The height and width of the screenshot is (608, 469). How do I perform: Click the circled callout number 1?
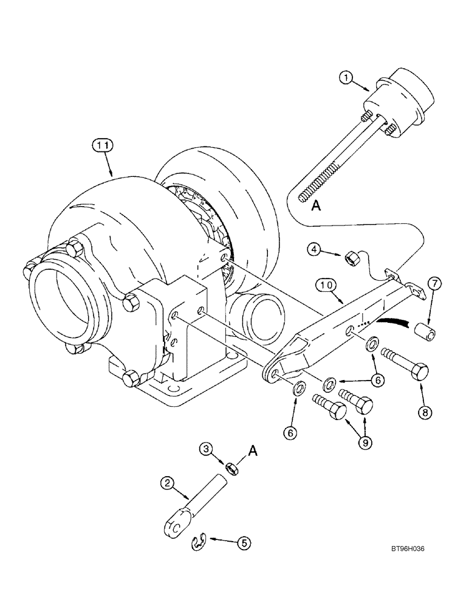click(344, 78)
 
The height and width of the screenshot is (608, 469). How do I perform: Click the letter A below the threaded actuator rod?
click(316, 206)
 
